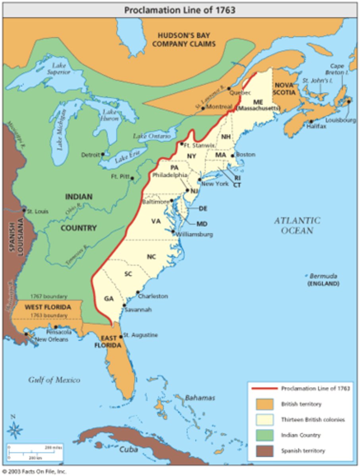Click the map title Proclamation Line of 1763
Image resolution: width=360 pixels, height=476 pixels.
(x=179, y=10)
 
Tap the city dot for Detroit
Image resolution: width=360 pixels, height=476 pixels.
(x=103, y=154)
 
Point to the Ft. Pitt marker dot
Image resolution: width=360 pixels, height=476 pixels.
(x=132, y=178)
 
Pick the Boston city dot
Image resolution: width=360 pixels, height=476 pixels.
(x=233, y=155)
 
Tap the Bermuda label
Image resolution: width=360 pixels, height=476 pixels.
(x=323, y=276)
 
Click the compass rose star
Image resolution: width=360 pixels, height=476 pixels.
(x=15, y=430)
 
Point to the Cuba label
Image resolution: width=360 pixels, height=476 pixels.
(x=129, y=449)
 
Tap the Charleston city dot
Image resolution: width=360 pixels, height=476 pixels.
(x=138, y=292)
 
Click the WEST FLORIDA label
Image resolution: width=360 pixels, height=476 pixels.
(x=48, y=307)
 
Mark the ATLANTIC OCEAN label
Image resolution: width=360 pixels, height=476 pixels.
(x=297, y=225)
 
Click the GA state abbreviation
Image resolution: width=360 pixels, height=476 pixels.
(x=109, y=298)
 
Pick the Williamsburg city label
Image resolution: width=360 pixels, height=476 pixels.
(x=194, y=234)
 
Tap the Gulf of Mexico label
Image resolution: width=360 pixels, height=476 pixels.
(x=54, y=380)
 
